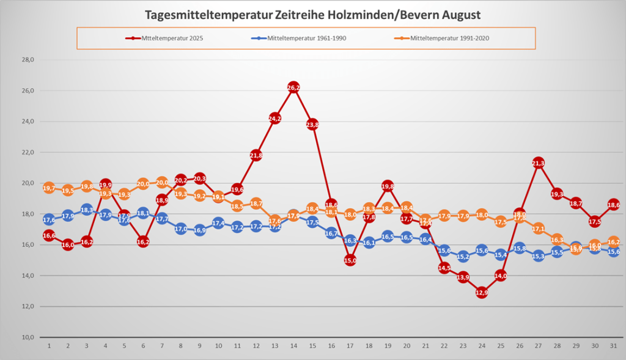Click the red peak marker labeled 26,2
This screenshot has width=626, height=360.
(x=293, y=87)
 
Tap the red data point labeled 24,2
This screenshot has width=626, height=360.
(x=274, y=118)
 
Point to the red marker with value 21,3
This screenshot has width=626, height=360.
(x=538, y=163)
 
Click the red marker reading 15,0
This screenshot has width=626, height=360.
(x=350, y=260)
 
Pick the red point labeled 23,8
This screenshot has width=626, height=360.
(x=312, y=125)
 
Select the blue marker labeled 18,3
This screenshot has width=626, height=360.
(x=87, y=210)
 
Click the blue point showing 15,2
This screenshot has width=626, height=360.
(x=463, y=257)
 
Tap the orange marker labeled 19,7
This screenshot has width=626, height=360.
(x=50, y=188)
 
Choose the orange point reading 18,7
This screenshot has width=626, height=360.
(x=256, y=204)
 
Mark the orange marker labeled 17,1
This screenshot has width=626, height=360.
(x=538, y=229)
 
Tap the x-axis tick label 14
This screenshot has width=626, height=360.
(x=293, y=346)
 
